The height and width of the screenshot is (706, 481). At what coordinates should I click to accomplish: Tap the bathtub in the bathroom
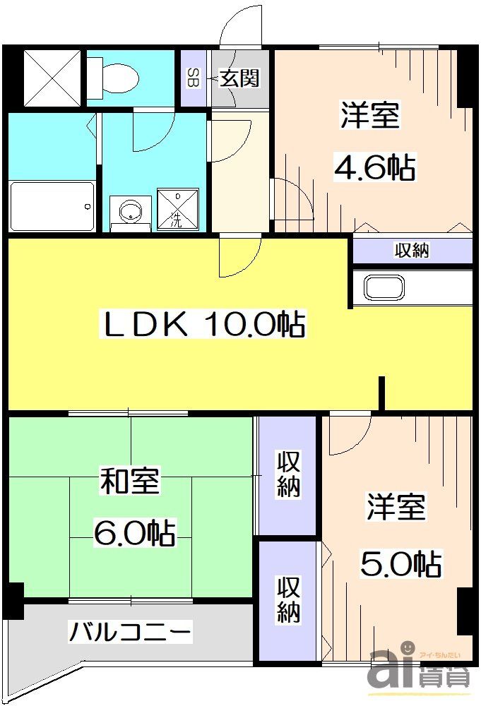click(52, 205)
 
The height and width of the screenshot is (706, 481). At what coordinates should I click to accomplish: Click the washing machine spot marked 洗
click(176, 208)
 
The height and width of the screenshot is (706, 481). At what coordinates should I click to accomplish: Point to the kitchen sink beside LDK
click(384, 288)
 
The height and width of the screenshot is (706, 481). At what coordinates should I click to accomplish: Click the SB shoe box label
click(192, 78)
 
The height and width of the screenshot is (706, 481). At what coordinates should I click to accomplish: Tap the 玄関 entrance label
click(239, 78)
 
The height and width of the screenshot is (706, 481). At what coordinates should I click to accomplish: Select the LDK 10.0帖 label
click(205, 325)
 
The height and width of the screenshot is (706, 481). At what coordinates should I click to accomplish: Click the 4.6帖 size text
click(374, 168)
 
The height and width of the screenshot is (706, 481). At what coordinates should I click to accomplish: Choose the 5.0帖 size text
click(401, 563)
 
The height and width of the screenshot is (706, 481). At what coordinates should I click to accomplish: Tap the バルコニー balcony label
click(130, 630)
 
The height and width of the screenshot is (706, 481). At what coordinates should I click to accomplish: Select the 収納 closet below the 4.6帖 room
click(412, 250)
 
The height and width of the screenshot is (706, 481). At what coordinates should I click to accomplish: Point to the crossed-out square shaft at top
click(53, 75)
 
